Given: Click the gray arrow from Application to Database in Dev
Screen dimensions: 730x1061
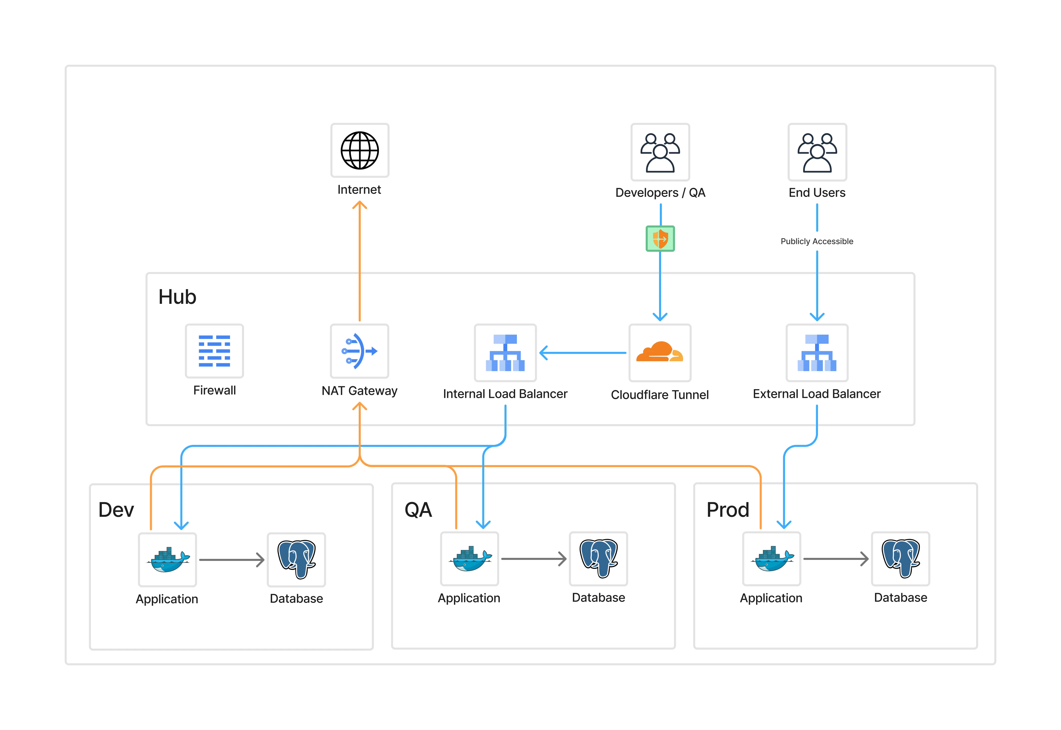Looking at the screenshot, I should pos(231,560).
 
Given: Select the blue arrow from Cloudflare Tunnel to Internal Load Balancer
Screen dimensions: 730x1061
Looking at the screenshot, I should pos(583,353).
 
